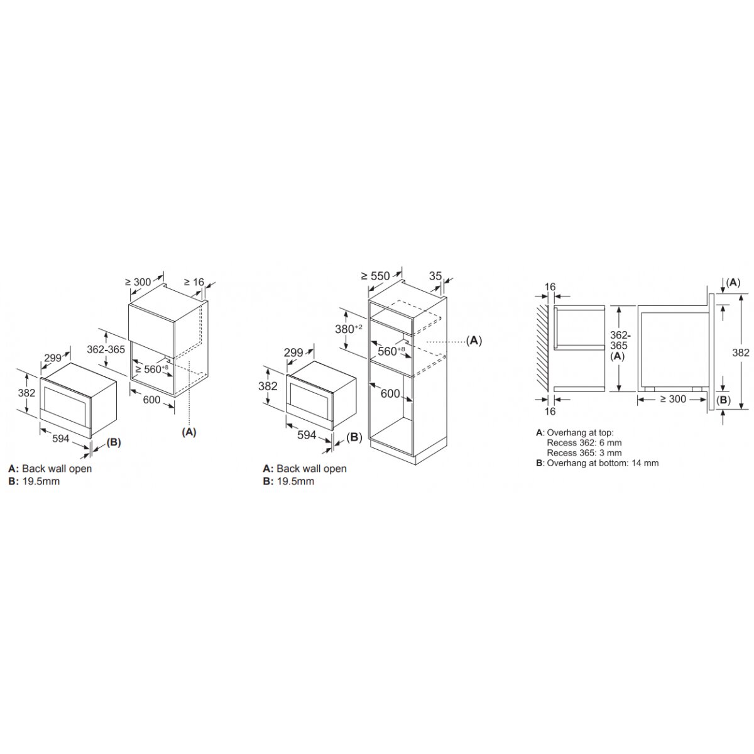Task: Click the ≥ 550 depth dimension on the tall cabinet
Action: pos(375,276)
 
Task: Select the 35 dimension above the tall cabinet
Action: pos(435,276)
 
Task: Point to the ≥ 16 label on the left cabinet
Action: pos(194,281)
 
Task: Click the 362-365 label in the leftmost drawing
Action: pos(106,349)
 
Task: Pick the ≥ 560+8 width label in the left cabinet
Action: pos(152,369)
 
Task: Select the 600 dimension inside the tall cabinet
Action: pos(390,393)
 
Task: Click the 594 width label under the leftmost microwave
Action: pos(61,439)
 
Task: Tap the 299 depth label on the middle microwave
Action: pos(293,352)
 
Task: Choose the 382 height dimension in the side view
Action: pos(741,352)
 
